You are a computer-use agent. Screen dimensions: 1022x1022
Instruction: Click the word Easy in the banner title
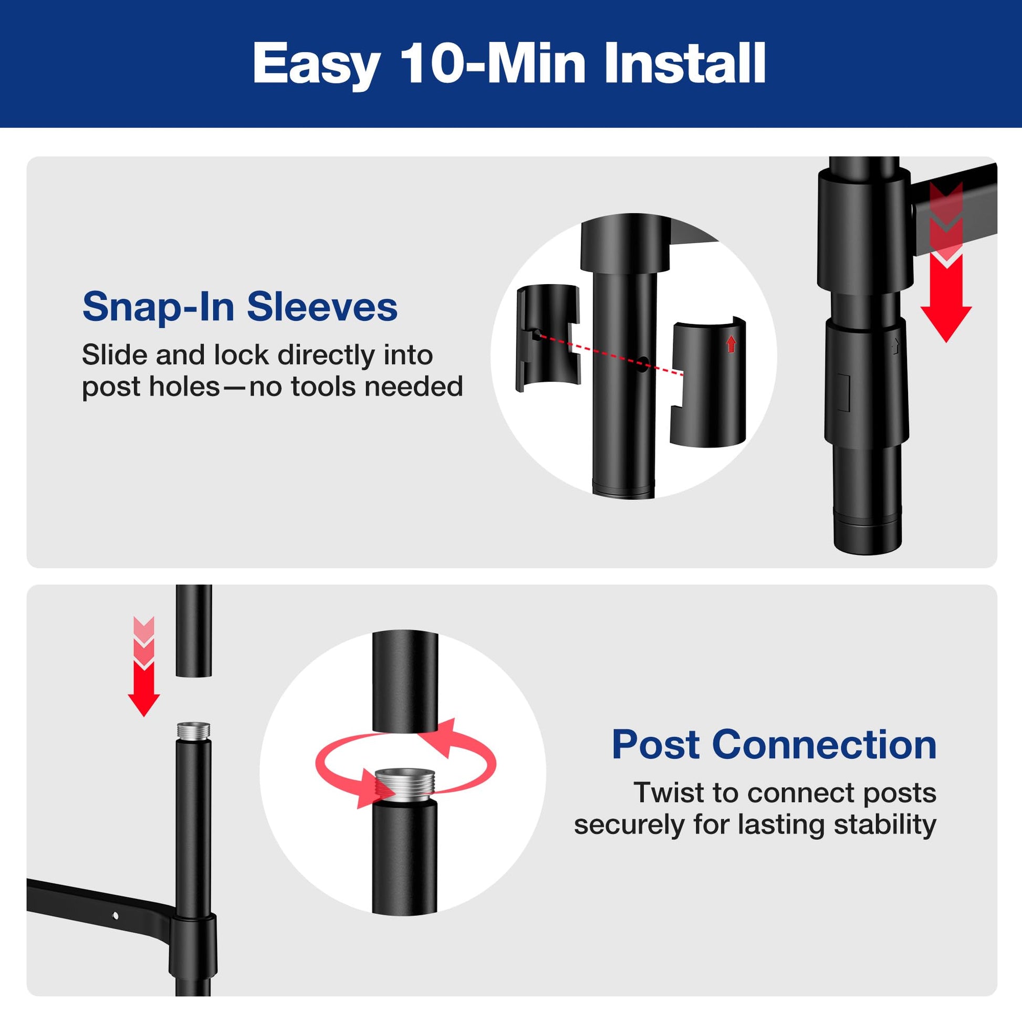click(316, 65)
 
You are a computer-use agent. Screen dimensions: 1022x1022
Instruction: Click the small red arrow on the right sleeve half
click(732, 345)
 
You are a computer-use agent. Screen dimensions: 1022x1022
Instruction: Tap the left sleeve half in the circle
click(547, 339)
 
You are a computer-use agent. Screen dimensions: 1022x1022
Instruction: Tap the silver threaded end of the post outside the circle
click(193, 732)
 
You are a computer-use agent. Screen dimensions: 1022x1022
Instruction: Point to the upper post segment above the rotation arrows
click(405, 682)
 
